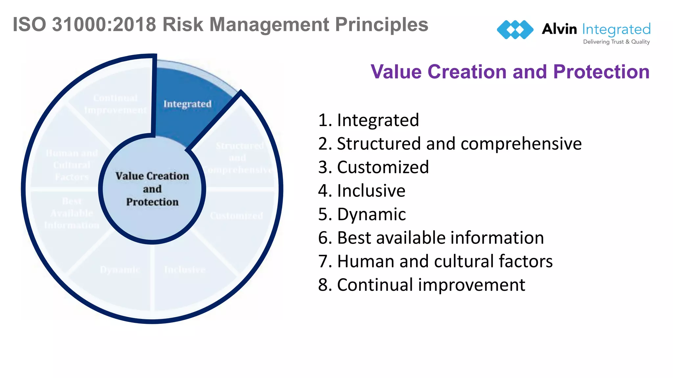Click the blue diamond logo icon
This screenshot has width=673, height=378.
[x=515, y=30]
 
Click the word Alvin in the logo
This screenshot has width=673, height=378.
[x=559, y=29]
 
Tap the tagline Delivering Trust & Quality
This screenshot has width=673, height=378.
[x=616, y=42]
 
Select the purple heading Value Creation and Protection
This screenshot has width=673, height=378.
[x=510, y=72]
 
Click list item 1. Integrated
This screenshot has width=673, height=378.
[x=368, y=120]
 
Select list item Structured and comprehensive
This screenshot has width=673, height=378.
[x=450, y=144]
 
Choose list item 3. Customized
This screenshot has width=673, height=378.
[x=373, y=167]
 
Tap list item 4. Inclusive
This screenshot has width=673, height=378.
[x=361, y=191]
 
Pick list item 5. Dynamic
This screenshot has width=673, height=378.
[x=362, y=215]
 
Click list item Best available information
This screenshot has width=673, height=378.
[x=431, y=238]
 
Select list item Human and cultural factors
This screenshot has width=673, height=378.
[x=435, y=262]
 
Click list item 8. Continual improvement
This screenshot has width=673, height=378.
[x=421, y=285]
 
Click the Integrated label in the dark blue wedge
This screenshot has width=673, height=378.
[x=187, y=104]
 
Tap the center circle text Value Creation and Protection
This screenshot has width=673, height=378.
[x=152, y=189]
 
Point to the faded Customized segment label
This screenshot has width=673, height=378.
[x=236, y=216]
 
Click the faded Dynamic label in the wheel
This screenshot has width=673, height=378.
[x=120, y=270]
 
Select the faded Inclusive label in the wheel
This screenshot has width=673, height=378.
[x=185, y=270]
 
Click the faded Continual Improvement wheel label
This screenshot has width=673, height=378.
[x=115, y=104]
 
